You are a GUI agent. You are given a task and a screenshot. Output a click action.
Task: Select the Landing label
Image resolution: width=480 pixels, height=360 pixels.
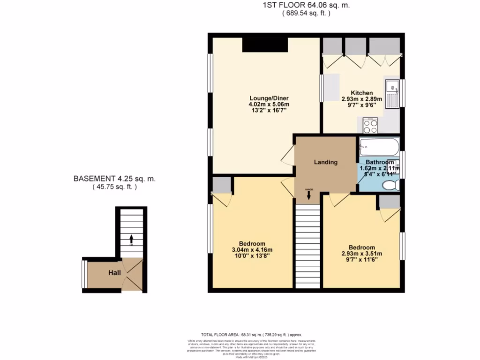[x=325, y=162]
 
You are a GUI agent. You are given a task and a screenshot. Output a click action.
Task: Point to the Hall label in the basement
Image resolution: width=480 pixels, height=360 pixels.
[x=115, y=272]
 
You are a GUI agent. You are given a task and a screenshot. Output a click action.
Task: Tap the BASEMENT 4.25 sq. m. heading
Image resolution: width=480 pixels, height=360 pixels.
[x=114, y=179]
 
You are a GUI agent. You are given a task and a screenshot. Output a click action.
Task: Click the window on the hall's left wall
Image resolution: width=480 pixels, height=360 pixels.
[x=84, y=274]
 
